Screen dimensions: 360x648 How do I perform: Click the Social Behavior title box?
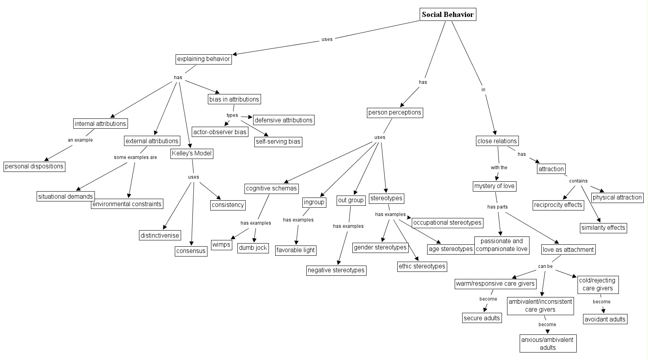pos(448,15)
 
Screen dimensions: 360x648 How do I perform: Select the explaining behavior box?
pos(203,59)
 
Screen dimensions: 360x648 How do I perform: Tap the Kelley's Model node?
pos(192,153)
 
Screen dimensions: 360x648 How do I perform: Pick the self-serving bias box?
pos(278,142)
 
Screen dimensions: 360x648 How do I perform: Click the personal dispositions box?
pos(34,166)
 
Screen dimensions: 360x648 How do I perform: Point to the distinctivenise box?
pos(160,236)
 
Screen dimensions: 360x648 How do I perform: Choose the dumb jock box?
pos(253,248)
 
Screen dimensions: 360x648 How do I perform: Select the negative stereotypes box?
pos(336,270)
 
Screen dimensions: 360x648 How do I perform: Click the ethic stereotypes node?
pos(422,266)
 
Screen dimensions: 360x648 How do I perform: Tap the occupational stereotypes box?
pos(447,223)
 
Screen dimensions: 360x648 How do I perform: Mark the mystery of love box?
pos(494,186)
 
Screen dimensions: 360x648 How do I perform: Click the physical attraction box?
pos(617,198)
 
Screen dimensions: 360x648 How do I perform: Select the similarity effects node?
pos(603,228)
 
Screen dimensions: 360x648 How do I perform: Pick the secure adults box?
pos(482,318)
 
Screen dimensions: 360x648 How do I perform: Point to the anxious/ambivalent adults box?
pos(548,343)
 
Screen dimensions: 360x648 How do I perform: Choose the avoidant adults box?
pos(605,319)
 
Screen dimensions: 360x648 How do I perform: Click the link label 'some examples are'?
pos(135,157)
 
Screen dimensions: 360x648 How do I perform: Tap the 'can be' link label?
pos(545,266)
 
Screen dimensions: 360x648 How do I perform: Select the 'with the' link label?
pos(499,168)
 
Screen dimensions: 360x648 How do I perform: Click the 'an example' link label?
pos(80,140)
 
